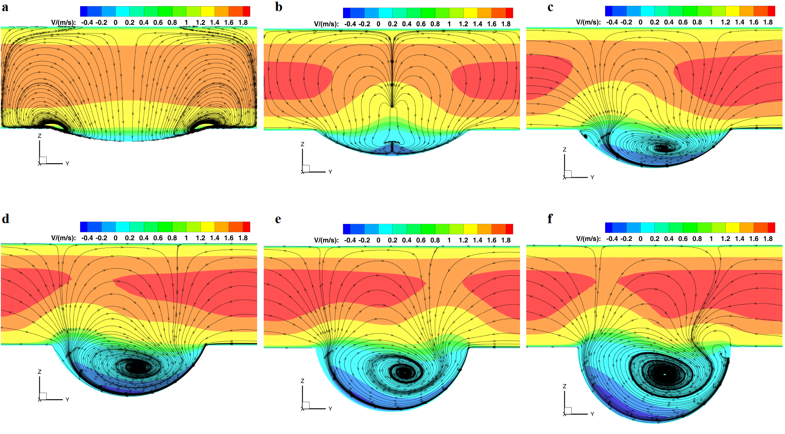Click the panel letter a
(x=5, y=7)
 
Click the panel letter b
(x=279, y=7)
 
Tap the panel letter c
(x=550, y=7)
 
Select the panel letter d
(x=5, y=219)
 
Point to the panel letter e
(x=278, y=219)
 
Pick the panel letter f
(x=550, y=219)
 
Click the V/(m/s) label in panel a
(x=63, y=22)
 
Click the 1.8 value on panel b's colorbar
(x=506, y=24)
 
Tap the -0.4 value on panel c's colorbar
(x=612, y=22)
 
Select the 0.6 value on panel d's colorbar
(x=158, y=238)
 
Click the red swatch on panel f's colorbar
(x=771, y=227)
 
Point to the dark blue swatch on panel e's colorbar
(x=346, y=229)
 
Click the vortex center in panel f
(x=665, y=374)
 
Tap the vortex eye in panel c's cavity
(x=663, y=148)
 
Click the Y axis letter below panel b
(x=330, y=172)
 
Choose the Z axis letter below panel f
(x=564, y=386)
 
